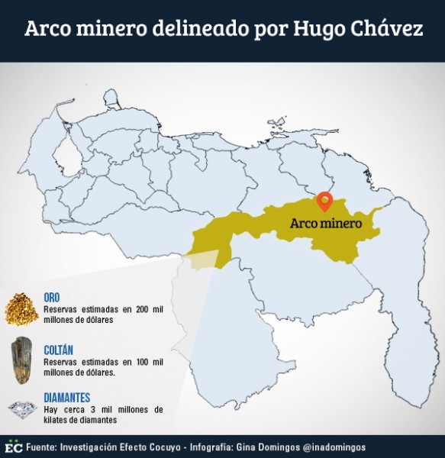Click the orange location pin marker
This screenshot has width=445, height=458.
325,200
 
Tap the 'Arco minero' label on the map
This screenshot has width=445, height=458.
324,224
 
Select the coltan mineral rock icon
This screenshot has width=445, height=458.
21,358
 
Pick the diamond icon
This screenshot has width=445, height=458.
22,409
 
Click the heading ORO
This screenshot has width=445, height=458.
52,298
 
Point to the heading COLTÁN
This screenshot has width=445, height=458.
60,348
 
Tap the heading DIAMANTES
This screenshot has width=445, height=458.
67,398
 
